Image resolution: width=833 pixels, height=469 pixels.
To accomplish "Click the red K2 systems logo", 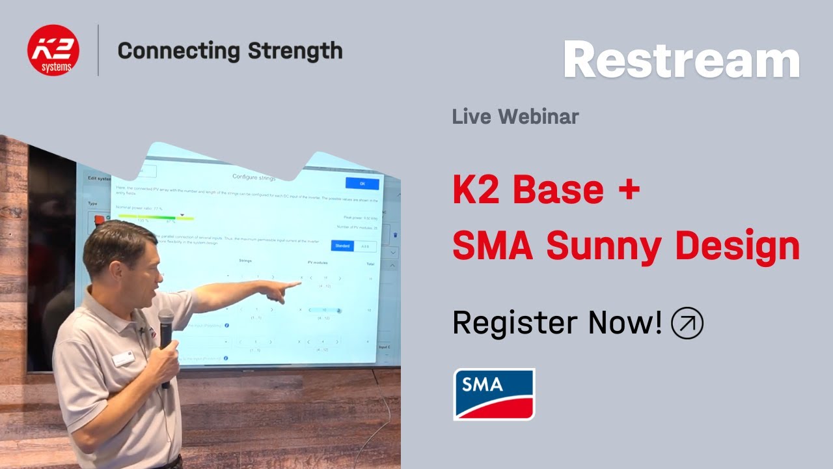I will pyautogui.click(x=53, y=50).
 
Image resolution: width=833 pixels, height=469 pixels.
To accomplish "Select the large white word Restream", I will pyautogui.click(x=681, y=60).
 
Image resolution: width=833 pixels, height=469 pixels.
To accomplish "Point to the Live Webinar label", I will pyautogui.click(x=515, y=117).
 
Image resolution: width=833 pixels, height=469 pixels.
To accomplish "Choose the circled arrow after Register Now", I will pyautogui.click(x=687, y=324).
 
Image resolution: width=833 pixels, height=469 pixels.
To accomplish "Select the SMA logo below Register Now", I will pyautogui.click(x=494, y=394).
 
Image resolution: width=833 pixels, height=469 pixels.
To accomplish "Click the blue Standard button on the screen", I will pyautogui.click(x=342, y=246).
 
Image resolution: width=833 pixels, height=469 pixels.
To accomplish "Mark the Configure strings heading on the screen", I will pyautogui.click(x=253, y=177).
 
